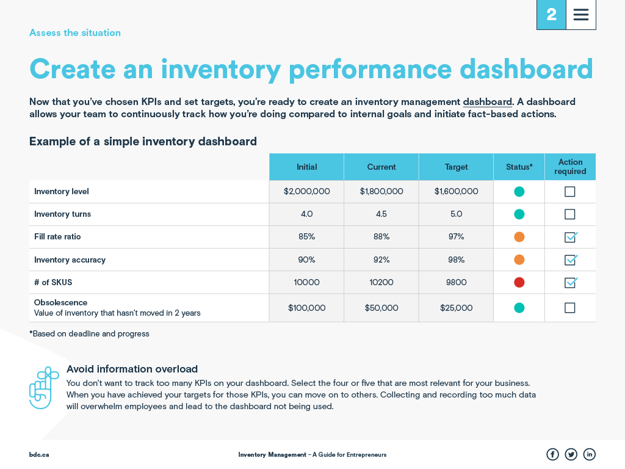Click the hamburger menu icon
coord(581,15)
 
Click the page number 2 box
coord(551,15)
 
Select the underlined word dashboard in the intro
coord(487,102)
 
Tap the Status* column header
coord(519,167)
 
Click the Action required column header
coord(570,167)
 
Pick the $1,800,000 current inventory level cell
coord(381,191)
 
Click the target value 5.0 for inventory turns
coord(456,214)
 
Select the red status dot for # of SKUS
coord(519,283)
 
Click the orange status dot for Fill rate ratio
coord(519,237)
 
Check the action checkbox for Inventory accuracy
coord(570,260)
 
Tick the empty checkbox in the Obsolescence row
coord(570,308)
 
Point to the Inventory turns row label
coord(62,214)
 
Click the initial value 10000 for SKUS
coord(306,283)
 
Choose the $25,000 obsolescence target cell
coord(456,308)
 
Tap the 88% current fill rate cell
coord(381,237)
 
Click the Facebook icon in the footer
coord(552,454)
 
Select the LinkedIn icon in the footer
coord(589,454)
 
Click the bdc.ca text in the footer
coord(39,455)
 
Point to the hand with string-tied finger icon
coord(43,388)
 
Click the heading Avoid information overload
coord(132,369)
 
